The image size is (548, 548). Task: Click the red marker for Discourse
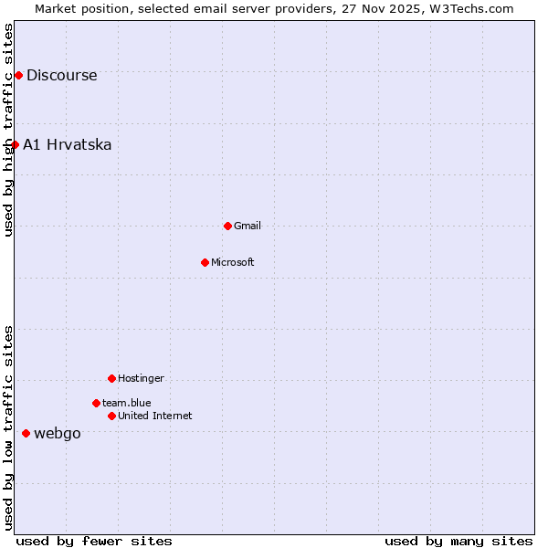[18, 75]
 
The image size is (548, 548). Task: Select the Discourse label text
[61, 76]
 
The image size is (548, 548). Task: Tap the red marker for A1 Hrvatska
[15, 144]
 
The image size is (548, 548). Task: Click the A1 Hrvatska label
[67, 145]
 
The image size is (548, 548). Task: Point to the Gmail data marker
[227, 226]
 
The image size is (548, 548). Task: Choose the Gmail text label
[247, 227]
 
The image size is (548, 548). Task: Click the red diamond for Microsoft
[205, 262]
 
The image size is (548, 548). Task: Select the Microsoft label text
[232, 263]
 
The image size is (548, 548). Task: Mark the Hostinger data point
[111, 378]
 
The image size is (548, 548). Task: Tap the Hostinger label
[141, 379]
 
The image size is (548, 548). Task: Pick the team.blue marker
[96, 403]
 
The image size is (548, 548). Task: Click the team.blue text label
[126, 404]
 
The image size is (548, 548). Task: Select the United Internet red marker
[111, 416]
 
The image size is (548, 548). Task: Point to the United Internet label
[154, 416]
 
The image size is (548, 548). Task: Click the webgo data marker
[26, 433]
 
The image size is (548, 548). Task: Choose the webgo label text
[57, 434]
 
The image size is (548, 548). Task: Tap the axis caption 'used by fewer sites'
[94, 541]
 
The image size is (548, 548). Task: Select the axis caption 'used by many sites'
[458, 541]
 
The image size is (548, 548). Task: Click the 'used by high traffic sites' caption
[8, 130]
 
